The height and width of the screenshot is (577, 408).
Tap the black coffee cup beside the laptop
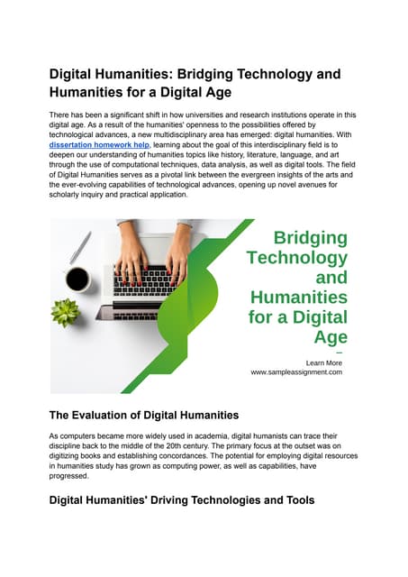point(77,279)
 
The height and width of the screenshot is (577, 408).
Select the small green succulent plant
point(64,312)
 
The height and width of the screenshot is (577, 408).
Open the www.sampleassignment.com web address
point(296,371)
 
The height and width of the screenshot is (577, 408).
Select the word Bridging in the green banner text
point(310,238)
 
